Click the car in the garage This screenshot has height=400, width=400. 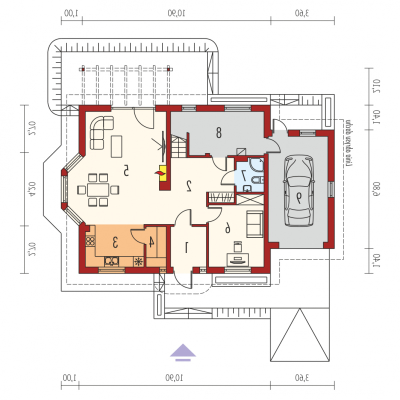tap(298, 191)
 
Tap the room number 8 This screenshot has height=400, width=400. tap(218, 132)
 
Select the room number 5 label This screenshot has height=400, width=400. tap(126, 170)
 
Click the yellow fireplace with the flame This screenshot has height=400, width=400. tap(162, 173)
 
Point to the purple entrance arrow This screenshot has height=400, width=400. tap(183, 352)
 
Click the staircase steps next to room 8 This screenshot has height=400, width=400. tap(178, 146)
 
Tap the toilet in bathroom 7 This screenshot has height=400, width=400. tap(257, 179)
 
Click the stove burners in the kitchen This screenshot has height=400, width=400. tap(90, 241)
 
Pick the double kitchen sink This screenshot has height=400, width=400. tap(111, 261)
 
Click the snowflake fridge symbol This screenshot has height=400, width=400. tap(138, 261)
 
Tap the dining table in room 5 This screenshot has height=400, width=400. tap(98, 190)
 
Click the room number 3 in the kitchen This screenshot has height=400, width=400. tap(115, 242)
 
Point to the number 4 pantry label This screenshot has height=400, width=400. tap(151, 242)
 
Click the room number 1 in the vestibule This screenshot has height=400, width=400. tap(186, 247)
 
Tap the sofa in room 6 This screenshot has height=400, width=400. tap(254, 224)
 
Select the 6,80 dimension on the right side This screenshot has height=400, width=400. tap(376, 189)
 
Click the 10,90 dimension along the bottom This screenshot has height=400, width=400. tap(174, 378)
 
